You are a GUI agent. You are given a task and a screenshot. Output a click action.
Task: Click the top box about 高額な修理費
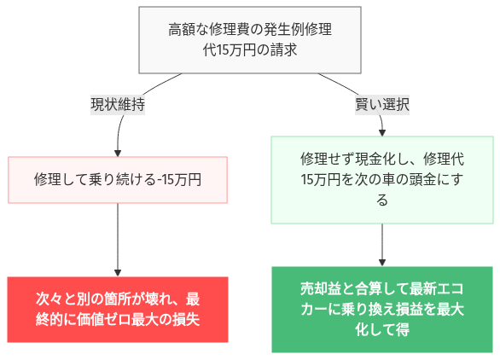pyautogui.click(x=249, y=40)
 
